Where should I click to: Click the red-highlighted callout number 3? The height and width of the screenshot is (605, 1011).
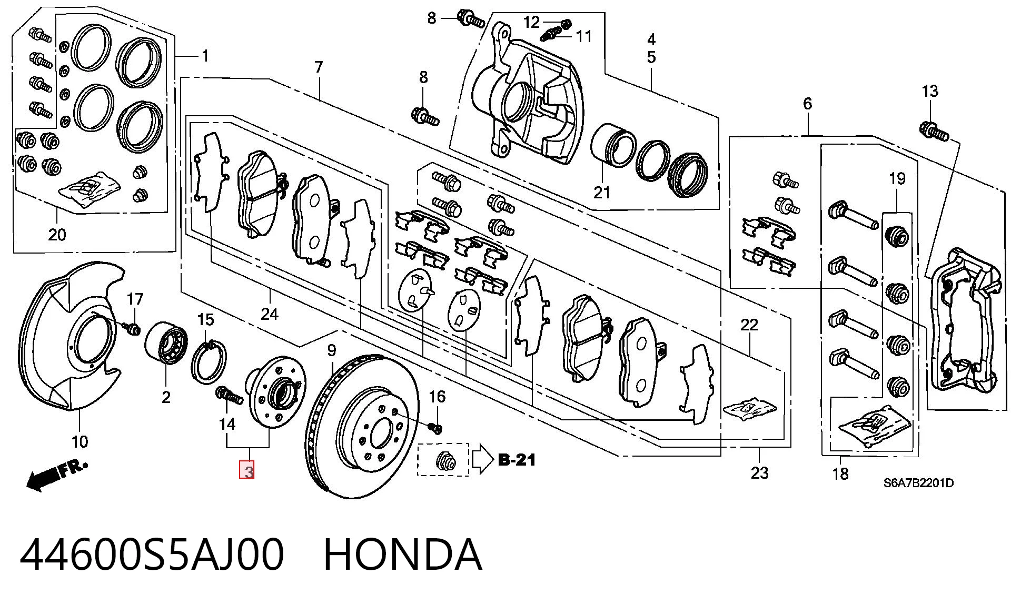point(246,470)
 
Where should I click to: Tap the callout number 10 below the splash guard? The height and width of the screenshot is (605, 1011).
point(80,441)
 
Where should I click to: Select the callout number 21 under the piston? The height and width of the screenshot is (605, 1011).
point(602,193)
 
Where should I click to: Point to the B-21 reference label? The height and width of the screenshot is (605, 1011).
point(517,460)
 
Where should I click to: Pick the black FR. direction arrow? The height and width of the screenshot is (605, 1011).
point(57,475)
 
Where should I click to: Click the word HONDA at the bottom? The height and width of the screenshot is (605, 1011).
point(402,554)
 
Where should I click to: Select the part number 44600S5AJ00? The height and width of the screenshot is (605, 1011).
point(152,554)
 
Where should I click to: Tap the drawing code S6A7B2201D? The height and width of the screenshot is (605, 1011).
point(918,483)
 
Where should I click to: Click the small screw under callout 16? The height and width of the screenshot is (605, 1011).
point(435,428)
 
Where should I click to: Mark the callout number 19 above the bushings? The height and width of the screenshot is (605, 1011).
point(897,178)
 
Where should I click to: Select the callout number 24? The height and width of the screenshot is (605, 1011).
point(269,314)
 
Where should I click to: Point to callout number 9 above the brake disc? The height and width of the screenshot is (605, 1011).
point(331,350)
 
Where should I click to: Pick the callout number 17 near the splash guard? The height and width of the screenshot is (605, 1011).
point(135,299)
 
